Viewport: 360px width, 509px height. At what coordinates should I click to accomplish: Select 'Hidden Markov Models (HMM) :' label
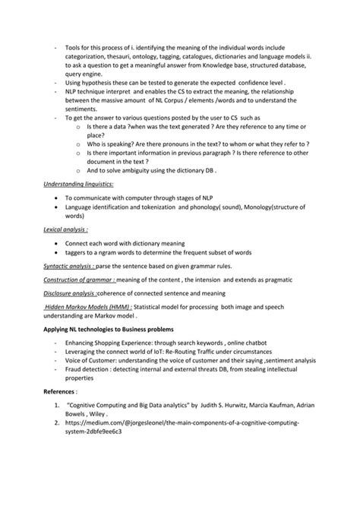88,306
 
